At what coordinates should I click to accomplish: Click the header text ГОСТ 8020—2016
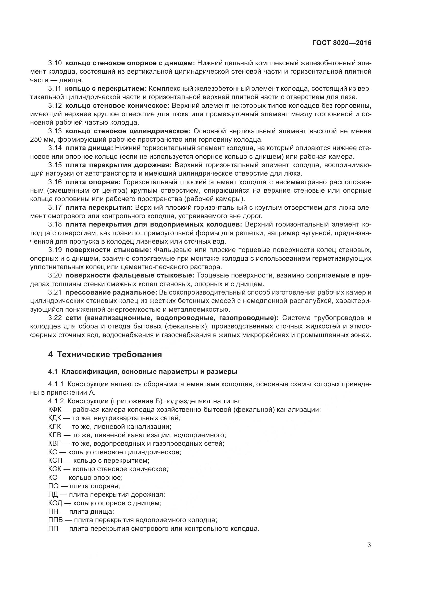342,43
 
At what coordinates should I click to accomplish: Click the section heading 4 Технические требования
105,354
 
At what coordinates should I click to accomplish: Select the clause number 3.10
55,63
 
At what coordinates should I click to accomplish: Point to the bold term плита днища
89,148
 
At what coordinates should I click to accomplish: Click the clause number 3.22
55,318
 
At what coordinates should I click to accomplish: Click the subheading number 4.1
53,372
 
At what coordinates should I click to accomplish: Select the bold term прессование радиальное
111,293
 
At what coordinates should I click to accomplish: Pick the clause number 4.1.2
56,401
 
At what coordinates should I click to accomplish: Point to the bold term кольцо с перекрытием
106,89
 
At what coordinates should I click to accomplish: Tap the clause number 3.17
55,207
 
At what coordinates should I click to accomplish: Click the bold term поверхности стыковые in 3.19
108,250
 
